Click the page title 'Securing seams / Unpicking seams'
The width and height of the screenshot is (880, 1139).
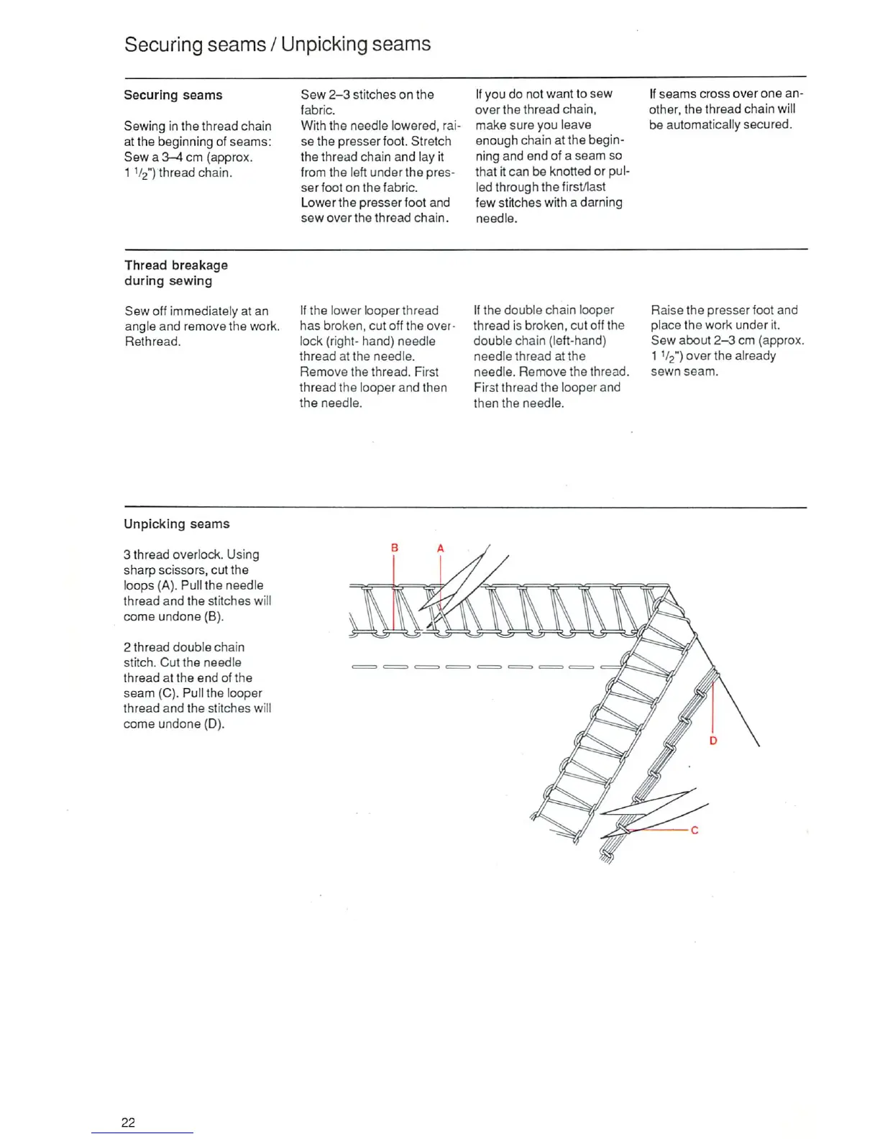(278, 45)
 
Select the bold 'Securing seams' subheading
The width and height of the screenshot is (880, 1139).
(173, 95)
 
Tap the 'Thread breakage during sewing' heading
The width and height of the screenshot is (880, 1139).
(175, 273)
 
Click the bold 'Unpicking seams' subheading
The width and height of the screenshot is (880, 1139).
(176, 524)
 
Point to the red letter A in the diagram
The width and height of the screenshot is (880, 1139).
(441, 549)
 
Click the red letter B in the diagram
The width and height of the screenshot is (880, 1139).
(394, 548)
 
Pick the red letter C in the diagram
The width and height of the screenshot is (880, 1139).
(695, 831)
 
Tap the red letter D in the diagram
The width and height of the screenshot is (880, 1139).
(713, 741)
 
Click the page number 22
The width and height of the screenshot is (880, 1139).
(128, 1122)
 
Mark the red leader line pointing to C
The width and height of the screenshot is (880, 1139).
(658, 830)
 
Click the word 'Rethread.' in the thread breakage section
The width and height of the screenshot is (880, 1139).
(152, 342)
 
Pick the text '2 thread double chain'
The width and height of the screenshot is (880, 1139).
(183, 647)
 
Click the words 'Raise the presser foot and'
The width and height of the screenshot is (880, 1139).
(724, 310)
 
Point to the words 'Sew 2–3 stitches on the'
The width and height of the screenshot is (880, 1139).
(367, 94)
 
